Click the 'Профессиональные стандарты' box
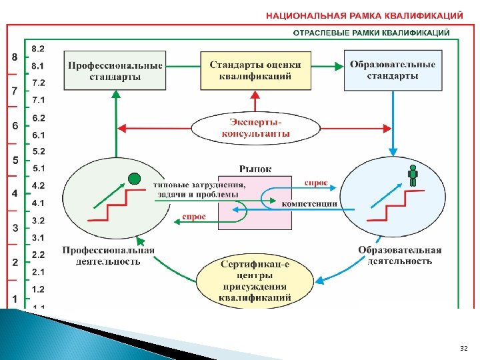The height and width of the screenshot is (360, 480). [115, 71]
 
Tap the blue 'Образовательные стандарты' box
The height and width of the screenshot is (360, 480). [393, 70]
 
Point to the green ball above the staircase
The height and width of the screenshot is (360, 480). [134, 179]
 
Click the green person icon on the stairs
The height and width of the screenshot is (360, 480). [413, 175]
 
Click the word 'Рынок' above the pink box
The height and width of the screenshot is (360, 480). [255, 169]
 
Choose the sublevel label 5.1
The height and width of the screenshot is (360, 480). [39, 169]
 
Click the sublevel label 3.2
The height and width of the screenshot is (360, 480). [39, 220]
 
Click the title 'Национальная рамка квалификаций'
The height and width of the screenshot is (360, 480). [365, 14]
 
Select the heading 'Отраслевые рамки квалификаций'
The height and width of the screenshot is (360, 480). [372, 33]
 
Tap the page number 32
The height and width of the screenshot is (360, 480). [464, 348]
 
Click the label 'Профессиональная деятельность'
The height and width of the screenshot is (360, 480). [109, 256]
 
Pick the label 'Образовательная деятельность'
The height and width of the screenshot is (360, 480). [400, 255]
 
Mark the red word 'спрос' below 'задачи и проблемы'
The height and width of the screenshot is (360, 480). [194, 217]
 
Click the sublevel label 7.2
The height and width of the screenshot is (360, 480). [39, 83]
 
